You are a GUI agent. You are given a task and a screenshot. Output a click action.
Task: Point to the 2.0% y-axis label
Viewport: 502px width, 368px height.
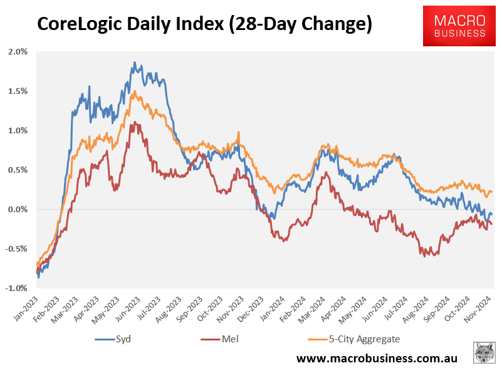point(18,51)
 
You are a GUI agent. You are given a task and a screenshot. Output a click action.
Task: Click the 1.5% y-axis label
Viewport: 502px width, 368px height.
point(18,91)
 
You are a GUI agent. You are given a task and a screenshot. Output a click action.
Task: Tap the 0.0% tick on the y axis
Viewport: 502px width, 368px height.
point(18,209)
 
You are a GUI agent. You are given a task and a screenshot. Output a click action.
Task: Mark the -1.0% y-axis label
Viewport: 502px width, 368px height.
point(16,288)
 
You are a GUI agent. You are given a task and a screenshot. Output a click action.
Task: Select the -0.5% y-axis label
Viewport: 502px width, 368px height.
point(16,248)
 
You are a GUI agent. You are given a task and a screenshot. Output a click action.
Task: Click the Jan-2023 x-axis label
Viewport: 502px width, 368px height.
point(27,307)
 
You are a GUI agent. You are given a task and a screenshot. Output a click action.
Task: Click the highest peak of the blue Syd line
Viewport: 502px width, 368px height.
point(134,63)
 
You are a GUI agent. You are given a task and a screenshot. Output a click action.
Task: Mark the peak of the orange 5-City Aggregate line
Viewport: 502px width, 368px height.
point(134,91)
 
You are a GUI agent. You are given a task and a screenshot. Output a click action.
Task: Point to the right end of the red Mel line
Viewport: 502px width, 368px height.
point(491,224)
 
